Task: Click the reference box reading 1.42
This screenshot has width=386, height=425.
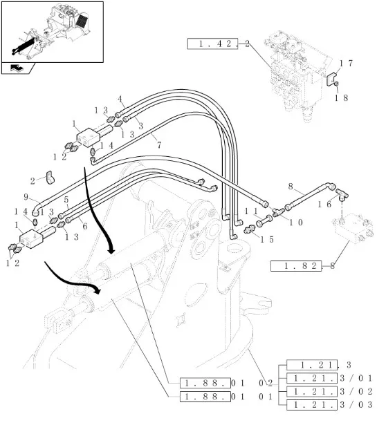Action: (x=212, y=44)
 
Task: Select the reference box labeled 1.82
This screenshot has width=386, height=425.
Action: (x=296, y=266)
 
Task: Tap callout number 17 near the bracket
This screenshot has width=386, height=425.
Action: (x=346, y=64)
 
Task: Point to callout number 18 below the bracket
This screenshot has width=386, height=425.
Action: (x=341, y=97)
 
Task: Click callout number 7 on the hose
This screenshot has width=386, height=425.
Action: (x=159, y=145)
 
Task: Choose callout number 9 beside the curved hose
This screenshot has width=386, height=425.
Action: (x=26, y=197)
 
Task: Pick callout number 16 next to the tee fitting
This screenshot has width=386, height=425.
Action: (x=324, y=204)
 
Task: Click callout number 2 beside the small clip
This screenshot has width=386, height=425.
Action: (x=33, y=181)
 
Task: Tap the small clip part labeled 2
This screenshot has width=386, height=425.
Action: (x=50, y=178)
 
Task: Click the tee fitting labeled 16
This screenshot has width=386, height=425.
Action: (x=342, y=195)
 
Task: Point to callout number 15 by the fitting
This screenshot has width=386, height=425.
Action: (x=267, y=239)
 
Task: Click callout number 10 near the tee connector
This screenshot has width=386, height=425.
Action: (x=296, y=223)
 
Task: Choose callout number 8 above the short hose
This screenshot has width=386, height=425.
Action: (x=291, y=187)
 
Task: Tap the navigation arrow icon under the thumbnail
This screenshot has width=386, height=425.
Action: (x=17, y=68)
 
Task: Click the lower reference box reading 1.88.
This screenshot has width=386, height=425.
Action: (x=205, y=397)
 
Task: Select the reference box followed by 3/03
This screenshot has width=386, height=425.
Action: (x=312, y=405)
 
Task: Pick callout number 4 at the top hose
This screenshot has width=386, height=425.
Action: (x=120, y=100)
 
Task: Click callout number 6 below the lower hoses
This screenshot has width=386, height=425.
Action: (x=85, y=226)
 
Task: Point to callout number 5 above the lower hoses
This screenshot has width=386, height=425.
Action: (x=66, y=200)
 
